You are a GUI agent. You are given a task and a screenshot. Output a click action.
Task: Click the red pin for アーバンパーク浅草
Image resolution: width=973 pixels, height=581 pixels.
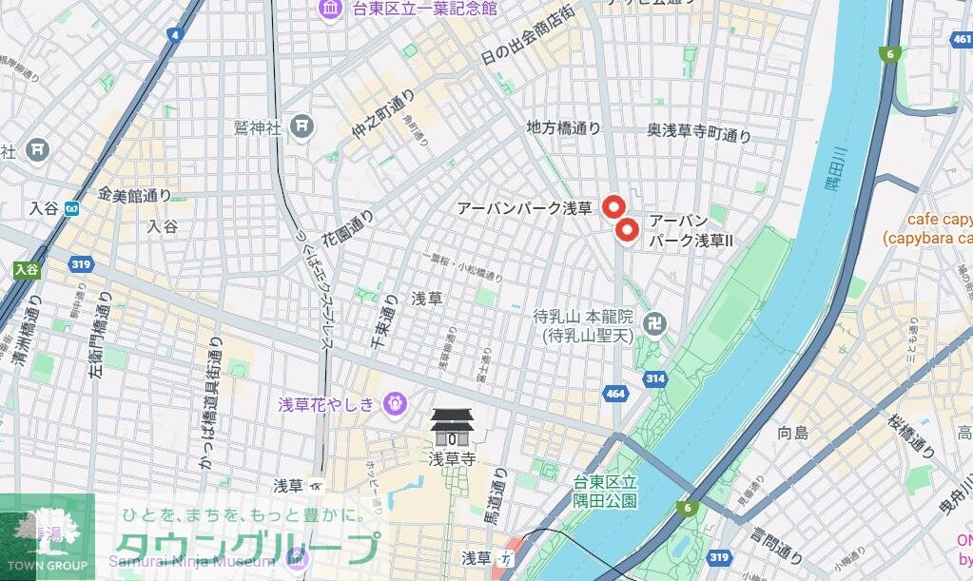[x=613, y=206]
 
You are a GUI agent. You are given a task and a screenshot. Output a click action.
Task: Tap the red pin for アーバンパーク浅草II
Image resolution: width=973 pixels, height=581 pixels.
[x=626, y=230]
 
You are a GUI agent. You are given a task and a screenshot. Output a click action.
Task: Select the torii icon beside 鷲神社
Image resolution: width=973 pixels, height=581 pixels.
[x=302, y=126]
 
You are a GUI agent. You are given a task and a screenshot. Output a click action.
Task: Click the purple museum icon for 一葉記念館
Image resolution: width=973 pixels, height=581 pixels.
[x=331, y=9]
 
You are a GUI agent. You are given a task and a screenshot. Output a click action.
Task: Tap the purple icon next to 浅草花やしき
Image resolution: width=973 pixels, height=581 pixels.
[x=393, y=404]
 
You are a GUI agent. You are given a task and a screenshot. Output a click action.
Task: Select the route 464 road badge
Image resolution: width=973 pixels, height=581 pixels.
[x=614, y=393]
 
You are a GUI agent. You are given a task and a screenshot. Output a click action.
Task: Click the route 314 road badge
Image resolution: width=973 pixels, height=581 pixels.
[x=653, y=378]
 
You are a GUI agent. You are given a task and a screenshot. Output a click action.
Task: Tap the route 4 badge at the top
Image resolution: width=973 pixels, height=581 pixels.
[x=174, y=35]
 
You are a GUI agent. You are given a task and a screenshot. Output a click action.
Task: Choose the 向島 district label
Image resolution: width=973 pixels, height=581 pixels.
[x=792, y=433]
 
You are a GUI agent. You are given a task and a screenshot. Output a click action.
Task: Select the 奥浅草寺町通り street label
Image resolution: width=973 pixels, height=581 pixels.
[x=699, y=135]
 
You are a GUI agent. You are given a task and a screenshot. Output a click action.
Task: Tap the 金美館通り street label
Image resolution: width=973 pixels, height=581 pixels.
[x=133, y=195]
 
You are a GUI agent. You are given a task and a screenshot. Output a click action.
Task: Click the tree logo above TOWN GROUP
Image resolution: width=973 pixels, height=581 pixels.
[x=47, y=529]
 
